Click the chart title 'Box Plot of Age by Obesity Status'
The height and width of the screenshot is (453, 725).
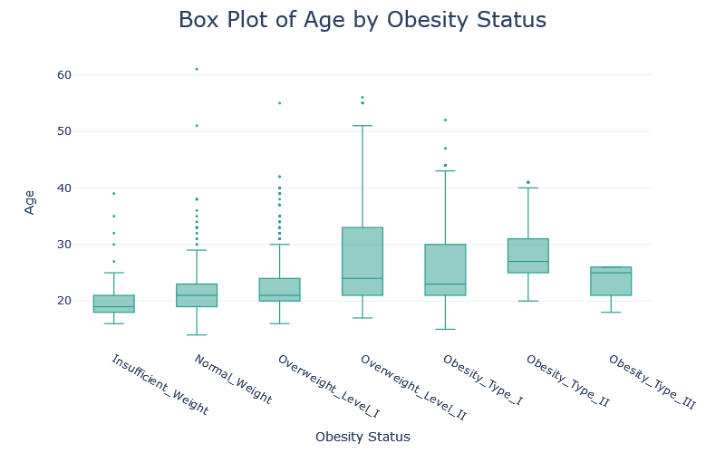pos(362,20)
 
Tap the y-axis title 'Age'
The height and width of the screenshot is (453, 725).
pos(30,201)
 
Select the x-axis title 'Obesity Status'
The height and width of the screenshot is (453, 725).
pos(362,437)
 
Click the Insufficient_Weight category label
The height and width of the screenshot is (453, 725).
pos(159,385)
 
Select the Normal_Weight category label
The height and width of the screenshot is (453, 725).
pos(232,379)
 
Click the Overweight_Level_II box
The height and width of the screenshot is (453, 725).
pos(362,261)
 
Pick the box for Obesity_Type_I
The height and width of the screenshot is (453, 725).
pos(445,270)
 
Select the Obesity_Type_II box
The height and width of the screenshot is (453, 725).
pos(528,255)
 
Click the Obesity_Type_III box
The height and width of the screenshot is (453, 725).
pos(611,281)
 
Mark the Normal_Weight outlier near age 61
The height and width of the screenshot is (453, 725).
pos(197,69)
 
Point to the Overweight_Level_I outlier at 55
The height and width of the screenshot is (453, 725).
pos(279,103)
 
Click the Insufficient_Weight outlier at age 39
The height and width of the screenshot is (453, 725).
pos(113,193)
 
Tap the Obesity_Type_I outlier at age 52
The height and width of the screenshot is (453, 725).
pos(445,120)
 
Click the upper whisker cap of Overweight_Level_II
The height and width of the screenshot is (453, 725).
pos(362,126)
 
